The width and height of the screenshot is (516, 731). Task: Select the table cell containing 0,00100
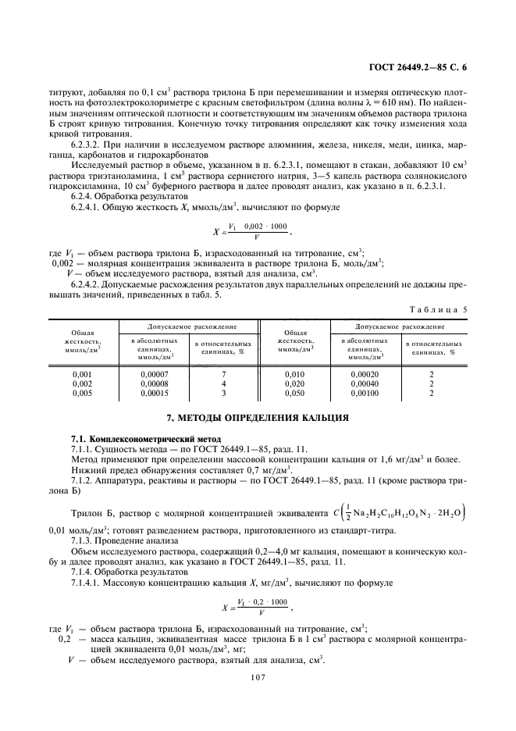point(363,393)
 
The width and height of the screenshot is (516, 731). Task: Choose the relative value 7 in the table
point(223,374)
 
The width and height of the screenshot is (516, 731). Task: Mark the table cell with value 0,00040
point(363,383)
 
